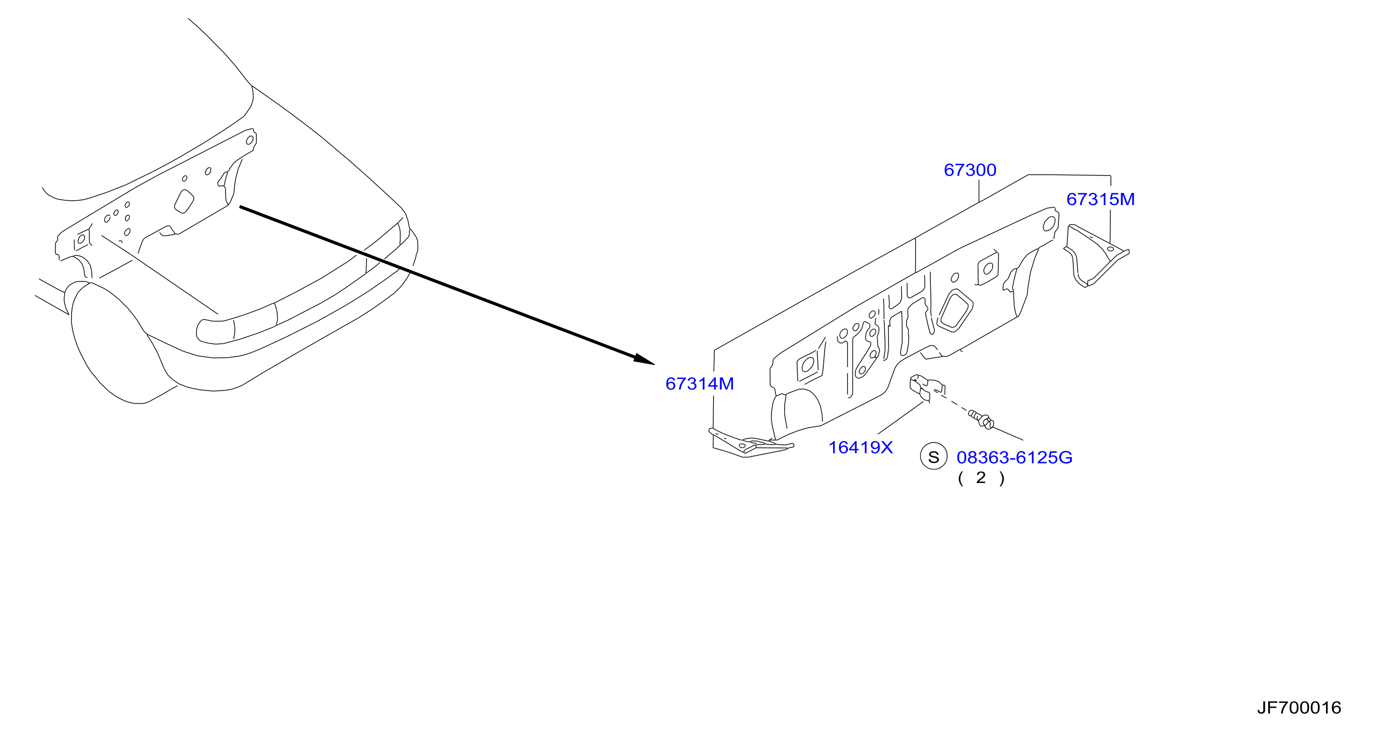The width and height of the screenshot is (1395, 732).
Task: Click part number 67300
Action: coord(970,170)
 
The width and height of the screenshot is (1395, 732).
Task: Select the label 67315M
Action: coord(1101,199)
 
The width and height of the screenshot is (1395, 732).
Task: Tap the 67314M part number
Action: coord(699,384)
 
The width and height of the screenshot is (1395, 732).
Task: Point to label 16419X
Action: coord(860,447)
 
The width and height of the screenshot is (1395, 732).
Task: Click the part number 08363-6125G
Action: coord(1014,458)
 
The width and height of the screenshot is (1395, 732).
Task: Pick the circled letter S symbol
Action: coord(934,456)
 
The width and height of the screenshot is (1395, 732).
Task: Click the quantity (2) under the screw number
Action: coord(981,478)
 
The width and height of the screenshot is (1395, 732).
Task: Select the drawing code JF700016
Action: coord(1299,708)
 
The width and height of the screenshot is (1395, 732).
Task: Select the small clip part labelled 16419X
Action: coord(926,386)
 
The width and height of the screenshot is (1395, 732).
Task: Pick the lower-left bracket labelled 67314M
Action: coord(750,442)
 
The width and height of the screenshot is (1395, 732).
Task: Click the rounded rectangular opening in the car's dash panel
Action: coord(184,201)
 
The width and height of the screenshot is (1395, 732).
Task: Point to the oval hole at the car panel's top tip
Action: coord(250,140)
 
